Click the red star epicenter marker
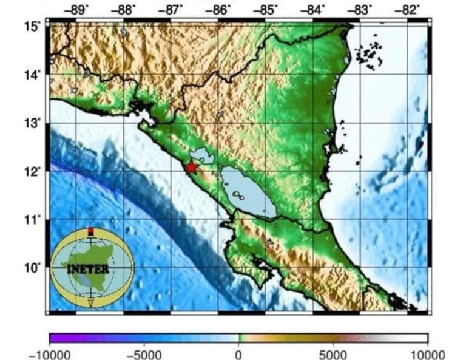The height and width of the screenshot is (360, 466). (192, 167)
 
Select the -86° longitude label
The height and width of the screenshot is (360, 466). (219, 9)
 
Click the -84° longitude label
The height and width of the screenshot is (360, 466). (314, 9)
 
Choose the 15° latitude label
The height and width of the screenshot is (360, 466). (32, 26)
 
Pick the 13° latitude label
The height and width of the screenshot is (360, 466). (32, 123)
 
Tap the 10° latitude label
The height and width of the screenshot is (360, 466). (32, 268)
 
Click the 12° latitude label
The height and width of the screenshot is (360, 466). (32, 171)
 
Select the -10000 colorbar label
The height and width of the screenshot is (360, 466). (50, 355)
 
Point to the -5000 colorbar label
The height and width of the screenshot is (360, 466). (146, 355)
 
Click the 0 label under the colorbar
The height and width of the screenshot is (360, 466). (238, 355)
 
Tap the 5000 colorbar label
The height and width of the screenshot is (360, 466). (333, 355)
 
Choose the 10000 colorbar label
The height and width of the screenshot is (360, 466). (427, 355)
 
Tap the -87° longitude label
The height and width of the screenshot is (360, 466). (172, 9)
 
